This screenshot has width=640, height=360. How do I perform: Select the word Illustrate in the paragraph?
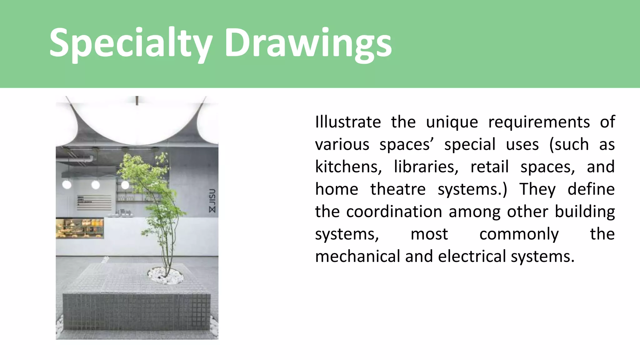click(348, 122)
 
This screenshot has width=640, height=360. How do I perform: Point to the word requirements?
click(539, 122)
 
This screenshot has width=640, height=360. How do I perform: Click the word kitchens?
click(348, 167)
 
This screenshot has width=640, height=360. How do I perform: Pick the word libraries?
click(426, 167)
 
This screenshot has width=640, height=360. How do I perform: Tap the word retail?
click(489, 167)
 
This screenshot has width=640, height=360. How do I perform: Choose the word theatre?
click(398, 189)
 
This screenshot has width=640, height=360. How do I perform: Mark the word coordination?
click(394, 212)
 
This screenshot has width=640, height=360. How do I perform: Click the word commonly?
click(519, 234)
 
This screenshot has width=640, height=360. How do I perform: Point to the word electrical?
click(472, 256)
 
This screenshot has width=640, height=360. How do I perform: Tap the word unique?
click(452, 122)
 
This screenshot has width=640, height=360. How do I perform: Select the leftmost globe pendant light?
click(67, 184)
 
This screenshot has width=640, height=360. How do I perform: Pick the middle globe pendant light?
click(96, 185)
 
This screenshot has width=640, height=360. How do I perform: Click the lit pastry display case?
click(80, 228)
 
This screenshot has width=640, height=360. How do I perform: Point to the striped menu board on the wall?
click(94, 202)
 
